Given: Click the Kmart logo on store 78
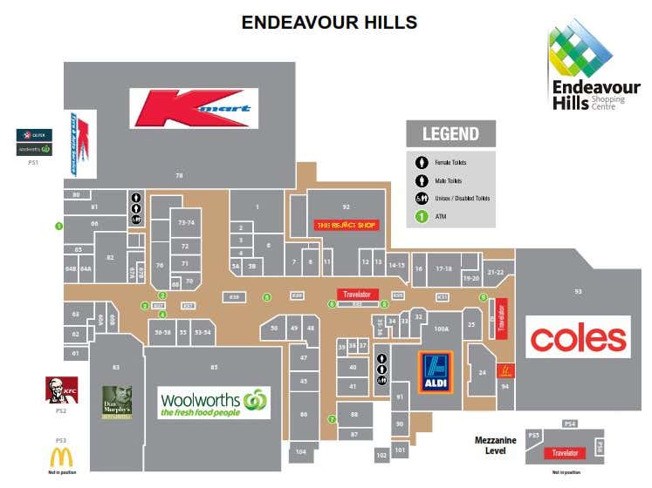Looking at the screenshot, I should (x=196, y=108).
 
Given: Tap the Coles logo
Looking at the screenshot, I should (x=578, y=337).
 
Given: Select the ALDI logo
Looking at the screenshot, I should (x=436, y=372).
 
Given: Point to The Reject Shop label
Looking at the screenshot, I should (x=347, y=225).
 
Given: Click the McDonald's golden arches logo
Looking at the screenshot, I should (x=61, y=457).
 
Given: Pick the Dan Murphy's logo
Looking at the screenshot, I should (x=117, y=402).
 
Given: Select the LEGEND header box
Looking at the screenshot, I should (x=450, y=133).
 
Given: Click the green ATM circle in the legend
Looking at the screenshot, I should (x=421, y=215).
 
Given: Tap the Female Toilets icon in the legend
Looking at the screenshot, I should (x=421, y=162).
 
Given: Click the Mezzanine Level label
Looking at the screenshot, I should (x=496, y=445).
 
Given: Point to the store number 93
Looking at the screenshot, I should (x=578, y=291).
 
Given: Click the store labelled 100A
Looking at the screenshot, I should (x=441, y=329).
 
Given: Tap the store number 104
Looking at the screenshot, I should (x=300, y=452).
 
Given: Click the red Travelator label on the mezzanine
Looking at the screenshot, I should (x=565, y=453).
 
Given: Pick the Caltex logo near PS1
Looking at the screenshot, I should (x=35, y=134).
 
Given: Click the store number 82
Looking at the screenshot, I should (x=110, y=257).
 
